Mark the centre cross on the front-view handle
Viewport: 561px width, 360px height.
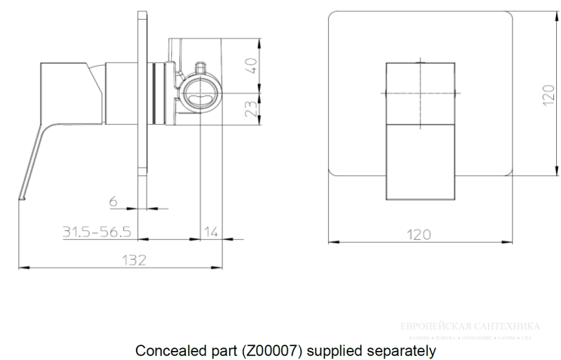[418, 93]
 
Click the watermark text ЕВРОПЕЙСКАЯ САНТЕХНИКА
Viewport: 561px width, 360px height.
[469, 326]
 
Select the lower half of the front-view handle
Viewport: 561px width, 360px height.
[418, 161]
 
